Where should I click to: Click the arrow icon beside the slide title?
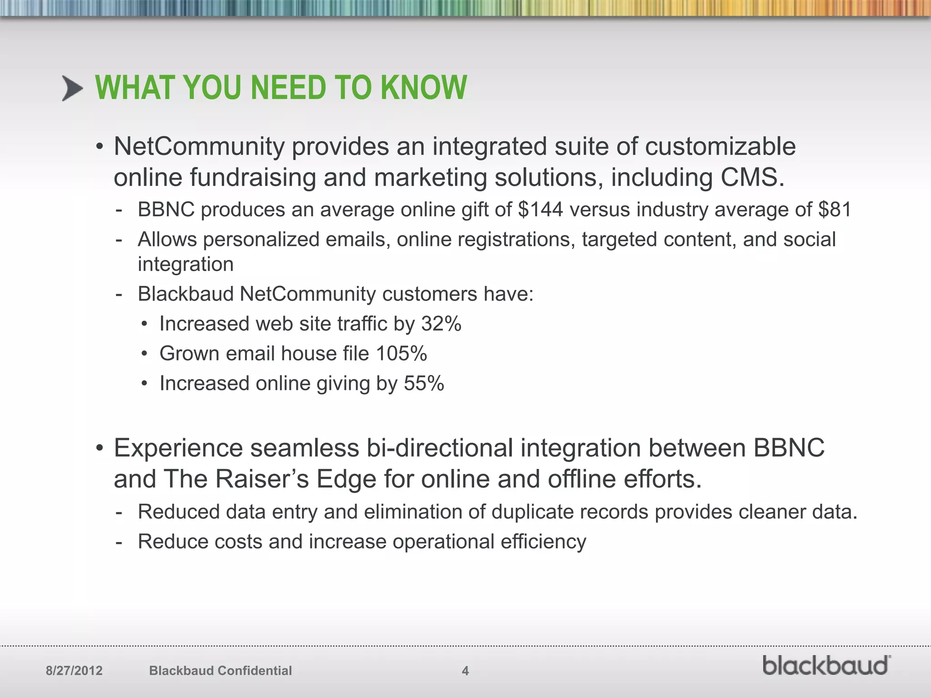pyautogui.click(x=73, y=88)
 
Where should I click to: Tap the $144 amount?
pyautogui.click(x=541, y=209)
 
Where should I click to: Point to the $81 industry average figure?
pyautogui.click(x=834, y=209)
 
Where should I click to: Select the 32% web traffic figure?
pyautogui.click(x=441, y=324)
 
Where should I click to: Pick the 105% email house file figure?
pyautogui.click(x=401, y=354)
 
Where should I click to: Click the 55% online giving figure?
pyautogui.click(x=424, y=384)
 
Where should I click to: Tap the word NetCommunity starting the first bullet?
pyautogui.click(x=199, y=146)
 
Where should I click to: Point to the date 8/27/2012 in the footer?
pyautogui.click(x=74, y=670)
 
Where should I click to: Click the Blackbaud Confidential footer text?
pyautogui.click(x=220, y=670)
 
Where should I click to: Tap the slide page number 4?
pyautogui.click(x=465, y=671)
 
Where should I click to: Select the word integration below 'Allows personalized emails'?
pyautogui.click(x=185, y=264)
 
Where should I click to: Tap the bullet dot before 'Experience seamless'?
pyautogui.click(x=99, y=449)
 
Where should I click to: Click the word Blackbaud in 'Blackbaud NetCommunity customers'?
pyautogui.click(x=185, y=294)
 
